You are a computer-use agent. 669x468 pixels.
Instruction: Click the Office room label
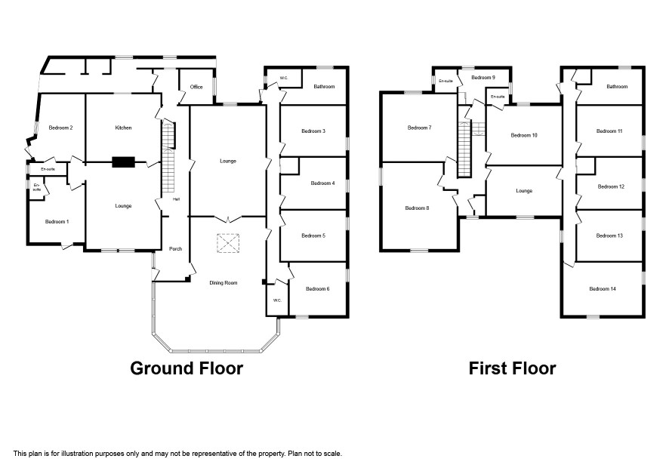click(x=196, y=87)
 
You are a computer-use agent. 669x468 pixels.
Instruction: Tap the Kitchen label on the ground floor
click(x=123, y=128)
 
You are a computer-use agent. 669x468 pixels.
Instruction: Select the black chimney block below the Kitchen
click(x=124, y=162)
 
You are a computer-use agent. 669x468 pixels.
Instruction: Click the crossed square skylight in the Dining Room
click(x=228, y=243)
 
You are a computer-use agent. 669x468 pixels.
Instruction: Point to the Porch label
click(x=175, y=248)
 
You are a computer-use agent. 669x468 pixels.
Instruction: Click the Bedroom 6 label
click(x=317, y=289)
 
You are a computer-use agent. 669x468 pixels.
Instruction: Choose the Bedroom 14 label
click(x=603, y=289)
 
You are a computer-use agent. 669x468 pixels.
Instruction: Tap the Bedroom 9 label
click(x=483, y=78)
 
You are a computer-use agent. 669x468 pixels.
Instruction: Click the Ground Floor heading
click(x=187, y=368)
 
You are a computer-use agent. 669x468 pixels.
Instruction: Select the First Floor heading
click(x=513, y=368)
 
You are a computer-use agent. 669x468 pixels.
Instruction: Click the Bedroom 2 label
click(x=60, y=128)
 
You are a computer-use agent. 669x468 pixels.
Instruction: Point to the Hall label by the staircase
click(x=176, y=199)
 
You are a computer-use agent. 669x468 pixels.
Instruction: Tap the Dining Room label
click(x=224, y=283)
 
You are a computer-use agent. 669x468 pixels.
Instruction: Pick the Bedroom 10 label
click(x=524, y=135)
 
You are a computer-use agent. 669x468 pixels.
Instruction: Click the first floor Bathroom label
click(x=617, y=87)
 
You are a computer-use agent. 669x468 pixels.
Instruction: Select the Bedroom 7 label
click(x=419, y=128)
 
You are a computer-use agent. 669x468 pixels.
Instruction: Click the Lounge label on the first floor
click(x=524, y=191)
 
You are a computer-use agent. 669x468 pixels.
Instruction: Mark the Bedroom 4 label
click(x=322, y=183)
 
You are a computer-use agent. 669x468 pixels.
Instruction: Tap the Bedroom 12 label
click(x=611, y=186)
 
